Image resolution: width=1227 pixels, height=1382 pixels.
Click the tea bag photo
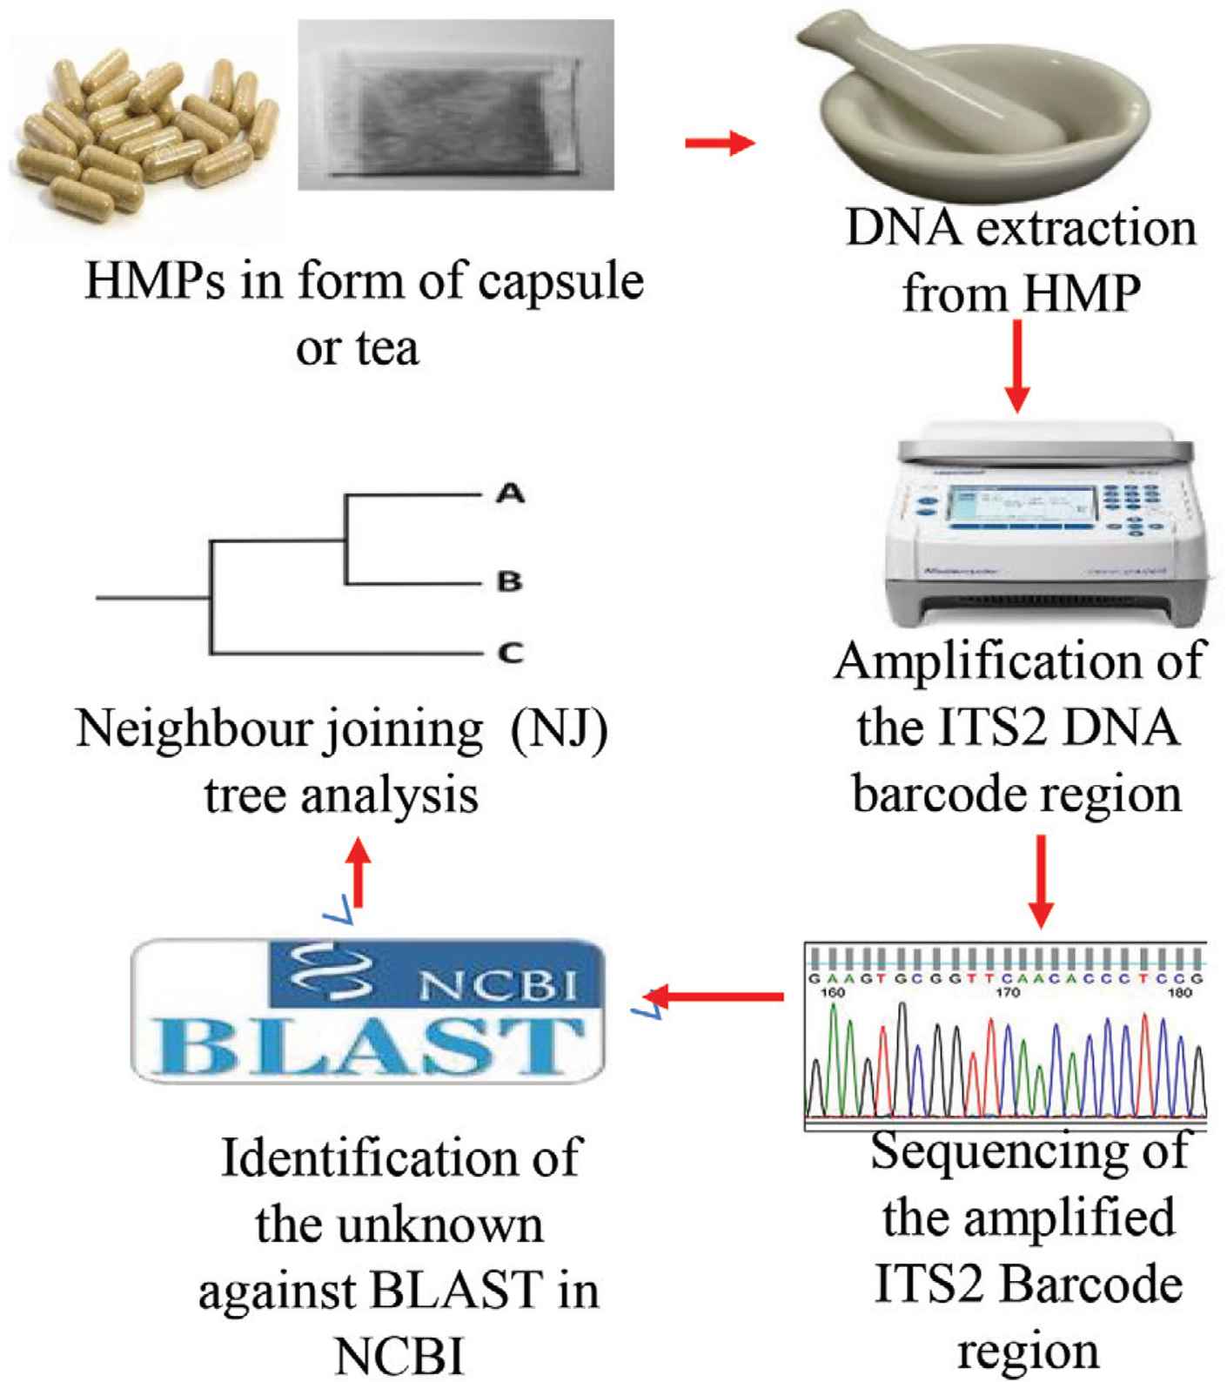(455, 105)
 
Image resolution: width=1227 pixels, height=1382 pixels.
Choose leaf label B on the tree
(510, 580)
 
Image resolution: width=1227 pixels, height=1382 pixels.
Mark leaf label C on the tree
(510, 652)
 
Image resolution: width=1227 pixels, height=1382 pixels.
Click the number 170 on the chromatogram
(1008, 992)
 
